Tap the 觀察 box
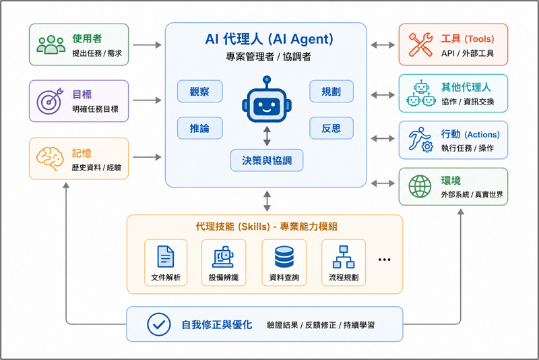click(199, 92)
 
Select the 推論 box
click(199, 128)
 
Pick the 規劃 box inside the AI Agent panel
click(331, 92)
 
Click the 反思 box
click(331, 128)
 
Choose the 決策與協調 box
click(267, 160)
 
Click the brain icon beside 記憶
click(50, 158)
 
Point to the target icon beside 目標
click(50, 101)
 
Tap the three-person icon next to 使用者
click(51, 44)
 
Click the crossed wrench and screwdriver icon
click(420, 44)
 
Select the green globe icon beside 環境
click(420, 186)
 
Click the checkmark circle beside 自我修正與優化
click(159, 324)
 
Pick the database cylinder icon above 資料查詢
click(284, 257)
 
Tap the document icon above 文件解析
click(166, 256)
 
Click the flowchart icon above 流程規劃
click(344, 257)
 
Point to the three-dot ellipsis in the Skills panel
click(384, 260)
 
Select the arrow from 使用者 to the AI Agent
click(147, 44)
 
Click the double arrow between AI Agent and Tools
click(383, 44)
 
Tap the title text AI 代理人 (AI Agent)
click(269, 39)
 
